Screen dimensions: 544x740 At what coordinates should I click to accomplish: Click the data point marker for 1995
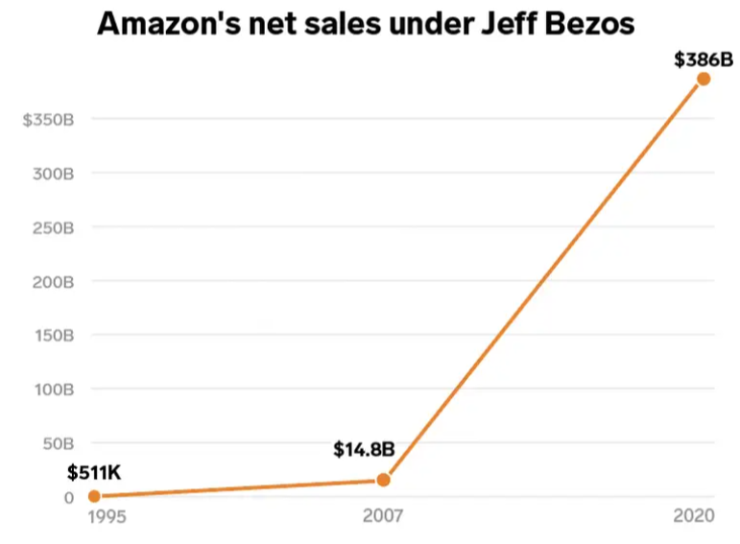click(94, 496)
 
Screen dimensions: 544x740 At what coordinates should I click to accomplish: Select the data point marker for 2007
click(384, 479)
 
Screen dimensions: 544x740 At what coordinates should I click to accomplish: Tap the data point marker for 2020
click(704, 79)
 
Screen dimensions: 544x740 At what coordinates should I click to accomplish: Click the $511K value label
click(94, 472)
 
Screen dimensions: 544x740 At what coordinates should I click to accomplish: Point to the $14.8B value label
click(364, 449)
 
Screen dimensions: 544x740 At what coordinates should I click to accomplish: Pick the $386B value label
click(703, 59)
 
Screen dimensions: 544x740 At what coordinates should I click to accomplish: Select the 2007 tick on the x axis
click(384, 517)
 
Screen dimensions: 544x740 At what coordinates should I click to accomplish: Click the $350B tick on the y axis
click(48, 120)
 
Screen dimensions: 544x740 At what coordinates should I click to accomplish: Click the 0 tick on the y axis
click(69, 497)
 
